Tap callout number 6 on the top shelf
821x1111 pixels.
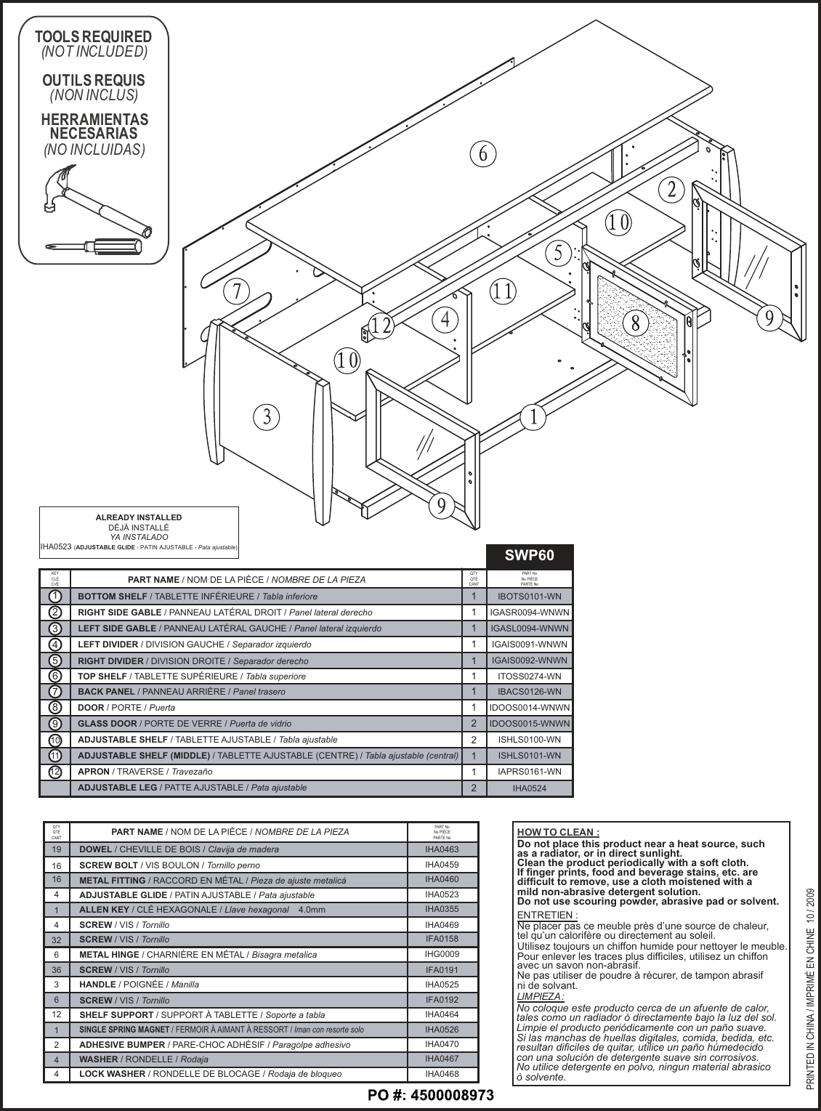point(483,153)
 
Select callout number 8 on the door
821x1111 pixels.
point(635,322)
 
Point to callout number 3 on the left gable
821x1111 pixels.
point(267,417)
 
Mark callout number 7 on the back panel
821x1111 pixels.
point(236,291)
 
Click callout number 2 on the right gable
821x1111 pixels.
point(672,189)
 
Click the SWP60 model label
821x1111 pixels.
point(530,556)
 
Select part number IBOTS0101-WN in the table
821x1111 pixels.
point(530,597)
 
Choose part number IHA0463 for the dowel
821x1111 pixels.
point(442,849)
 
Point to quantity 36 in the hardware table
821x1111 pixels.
point(56,970)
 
